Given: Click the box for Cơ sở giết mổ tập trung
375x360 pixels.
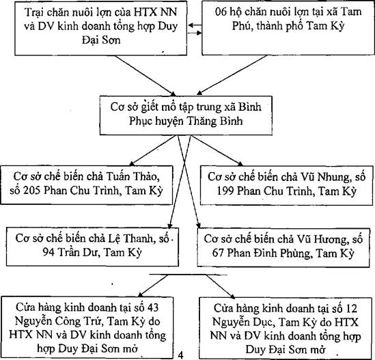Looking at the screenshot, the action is tap(186, 115).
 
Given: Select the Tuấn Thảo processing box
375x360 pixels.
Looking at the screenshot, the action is tap(87, 185).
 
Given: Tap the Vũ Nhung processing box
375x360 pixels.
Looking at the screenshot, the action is tap(286, 185).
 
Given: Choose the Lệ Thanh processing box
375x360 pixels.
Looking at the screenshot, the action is tap(92, 247).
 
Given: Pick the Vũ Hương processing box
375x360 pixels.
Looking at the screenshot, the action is tap(283, 247).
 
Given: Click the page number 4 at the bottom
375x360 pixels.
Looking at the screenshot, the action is tap(181, 355).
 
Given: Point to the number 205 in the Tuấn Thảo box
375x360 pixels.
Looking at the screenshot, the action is tap(31, 191).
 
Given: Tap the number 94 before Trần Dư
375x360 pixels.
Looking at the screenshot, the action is tap(48, 252).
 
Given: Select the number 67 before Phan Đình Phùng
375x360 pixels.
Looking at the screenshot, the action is tap(218, 253).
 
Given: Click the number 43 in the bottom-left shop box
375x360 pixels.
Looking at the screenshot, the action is tap(152, 307).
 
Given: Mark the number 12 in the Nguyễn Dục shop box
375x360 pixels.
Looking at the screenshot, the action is tap(351, 309).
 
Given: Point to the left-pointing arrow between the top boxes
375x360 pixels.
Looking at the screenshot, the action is tap(195, 25).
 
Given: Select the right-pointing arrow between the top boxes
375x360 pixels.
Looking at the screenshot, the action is tap(195, 33).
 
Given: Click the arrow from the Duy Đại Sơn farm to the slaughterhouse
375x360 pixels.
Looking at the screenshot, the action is tap(145, 76).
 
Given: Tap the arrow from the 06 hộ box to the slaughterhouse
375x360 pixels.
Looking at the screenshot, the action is tap(232, 75).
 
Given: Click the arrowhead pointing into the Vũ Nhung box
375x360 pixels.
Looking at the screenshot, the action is tap(240, 164).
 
